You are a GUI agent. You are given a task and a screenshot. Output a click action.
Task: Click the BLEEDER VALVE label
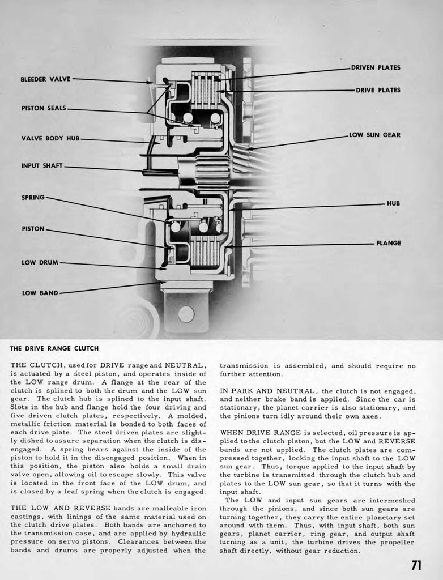[45, 79]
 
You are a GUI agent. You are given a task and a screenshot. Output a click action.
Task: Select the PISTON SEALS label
[44, 108]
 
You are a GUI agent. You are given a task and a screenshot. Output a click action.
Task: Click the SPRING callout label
[33, 198]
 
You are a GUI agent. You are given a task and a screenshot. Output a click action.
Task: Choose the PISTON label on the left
[33, 229]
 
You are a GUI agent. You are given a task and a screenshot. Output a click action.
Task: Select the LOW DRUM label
[40, 263]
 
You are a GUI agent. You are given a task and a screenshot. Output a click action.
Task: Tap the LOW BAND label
[40, 293]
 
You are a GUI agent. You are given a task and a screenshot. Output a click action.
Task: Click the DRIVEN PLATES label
[376, 68]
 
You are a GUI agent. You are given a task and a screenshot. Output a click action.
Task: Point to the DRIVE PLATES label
[378, 90]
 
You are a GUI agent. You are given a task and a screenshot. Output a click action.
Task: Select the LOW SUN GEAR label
[374, 135]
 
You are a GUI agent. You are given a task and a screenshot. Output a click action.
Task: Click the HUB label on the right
[393, 203]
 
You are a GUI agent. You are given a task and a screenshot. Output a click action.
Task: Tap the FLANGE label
[389, 243]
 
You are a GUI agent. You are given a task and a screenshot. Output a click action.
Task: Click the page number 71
[416, 565]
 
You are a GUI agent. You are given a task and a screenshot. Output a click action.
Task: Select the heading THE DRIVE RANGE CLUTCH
[54, 348]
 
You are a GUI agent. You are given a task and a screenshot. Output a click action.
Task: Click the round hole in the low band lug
[185, 313]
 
